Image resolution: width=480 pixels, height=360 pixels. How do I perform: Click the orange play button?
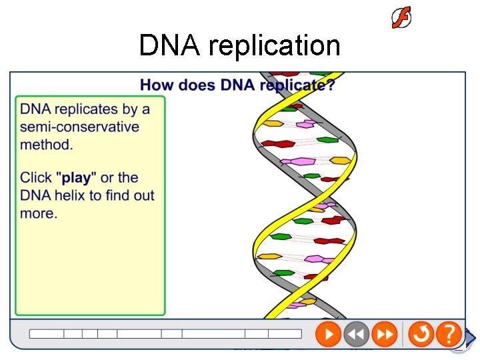pyautogui.click(x=328, y=333)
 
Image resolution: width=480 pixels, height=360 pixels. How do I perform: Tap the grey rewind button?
pyautogui.click(x=357, y=333)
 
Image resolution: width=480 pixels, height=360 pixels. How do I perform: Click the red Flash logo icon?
pyautogui.click(x=401, y=18)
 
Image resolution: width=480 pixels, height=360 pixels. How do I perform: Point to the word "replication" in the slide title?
pyautogui.click(x=274, y=46)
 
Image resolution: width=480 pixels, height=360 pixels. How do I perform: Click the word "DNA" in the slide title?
pyautogui.click(x=170, y=46)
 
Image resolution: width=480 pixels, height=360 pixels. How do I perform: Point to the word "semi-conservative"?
pyautogui.click(x=79, y=127)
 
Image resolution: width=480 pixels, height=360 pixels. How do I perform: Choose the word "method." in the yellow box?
pyautogui.click(x=47, y=144)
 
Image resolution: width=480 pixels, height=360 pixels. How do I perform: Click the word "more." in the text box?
pyautogui.click(x=39, y=213)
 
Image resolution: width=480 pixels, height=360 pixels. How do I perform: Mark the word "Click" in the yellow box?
pyautogui.click(x=36, y=178)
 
